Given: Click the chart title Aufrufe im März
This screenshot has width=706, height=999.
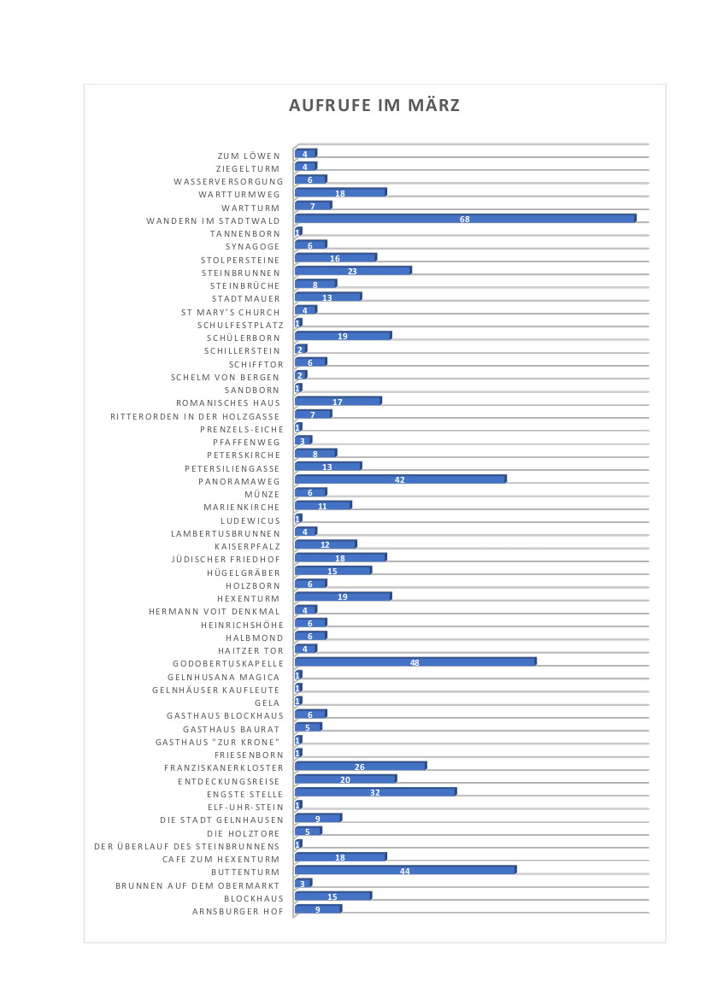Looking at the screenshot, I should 374,105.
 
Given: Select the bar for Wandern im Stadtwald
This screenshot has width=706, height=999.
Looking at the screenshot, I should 466,219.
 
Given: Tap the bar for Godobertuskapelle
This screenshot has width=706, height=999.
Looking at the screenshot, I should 415,662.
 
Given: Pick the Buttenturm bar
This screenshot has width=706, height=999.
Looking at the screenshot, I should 406,870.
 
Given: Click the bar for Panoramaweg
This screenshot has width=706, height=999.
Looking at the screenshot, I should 400,480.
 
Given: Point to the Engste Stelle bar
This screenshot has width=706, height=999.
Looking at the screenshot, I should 375,793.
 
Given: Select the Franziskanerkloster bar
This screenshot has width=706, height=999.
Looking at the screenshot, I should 361,767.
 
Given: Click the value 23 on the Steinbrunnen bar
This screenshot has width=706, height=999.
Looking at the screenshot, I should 351,272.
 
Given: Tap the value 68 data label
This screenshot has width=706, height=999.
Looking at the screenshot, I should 465,220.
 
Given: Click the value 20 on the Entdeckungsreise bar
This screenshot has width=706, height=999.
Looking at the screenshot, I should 345,780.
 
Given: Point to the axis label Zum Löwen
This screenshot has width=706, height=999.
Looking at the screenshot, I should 249,156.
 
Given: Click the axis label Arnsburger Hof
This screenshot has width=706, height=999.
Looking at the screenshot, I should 238,912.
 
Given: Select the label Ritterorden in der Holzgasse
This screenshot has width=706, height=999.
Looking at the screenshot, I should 196,416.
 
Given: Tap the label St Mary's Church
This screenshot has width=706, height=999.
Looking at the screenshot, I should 231,312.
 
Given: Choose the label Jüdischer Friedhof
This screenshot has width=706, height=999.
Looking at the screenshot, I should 226,559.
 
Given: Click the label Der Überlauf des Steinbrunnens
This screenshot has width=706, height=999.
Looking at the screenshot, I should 187,847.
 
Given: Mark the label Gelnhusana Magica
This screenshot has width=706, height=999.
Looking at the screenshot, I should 224,678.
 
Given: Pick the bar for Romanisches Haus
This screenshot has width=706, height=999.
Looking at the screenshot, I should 338,401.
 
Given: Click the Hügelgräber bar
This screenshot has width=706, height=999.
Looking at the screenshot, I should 333,571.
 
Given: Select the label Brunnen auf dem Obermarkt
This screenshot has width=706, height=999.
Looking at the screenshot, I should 199,885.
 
